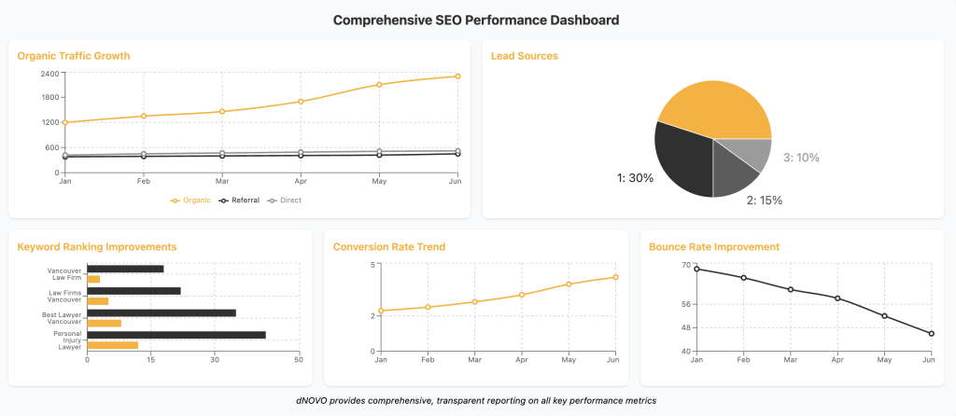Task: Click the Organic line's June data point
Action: point(457,76)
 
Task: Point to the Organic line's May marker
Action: point(379,85)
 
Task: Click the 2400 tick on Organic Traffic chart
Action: point(49,73)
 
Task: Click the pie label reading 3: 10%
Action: point(801,158)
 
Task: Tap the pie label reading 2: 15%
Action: point(764,200)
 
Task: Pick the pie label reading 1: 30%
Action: point(635,178)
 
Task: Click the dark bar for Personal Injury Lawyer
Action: point(176,335)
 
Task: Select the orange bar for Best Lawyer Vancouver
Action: point(104,324)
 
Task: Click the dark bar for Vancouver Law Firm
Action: point(125,269)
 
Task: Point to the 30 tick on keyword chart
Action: point(214,359)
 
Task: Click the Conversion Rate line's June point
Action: point(615,277)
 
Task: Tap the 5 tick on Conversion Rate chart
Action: point(373,265)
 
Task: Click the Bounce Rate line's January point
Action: point(696,270)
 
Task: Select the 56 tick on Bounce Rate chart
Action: point(684,304)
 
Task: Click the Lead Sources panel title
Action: point(524,56)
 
